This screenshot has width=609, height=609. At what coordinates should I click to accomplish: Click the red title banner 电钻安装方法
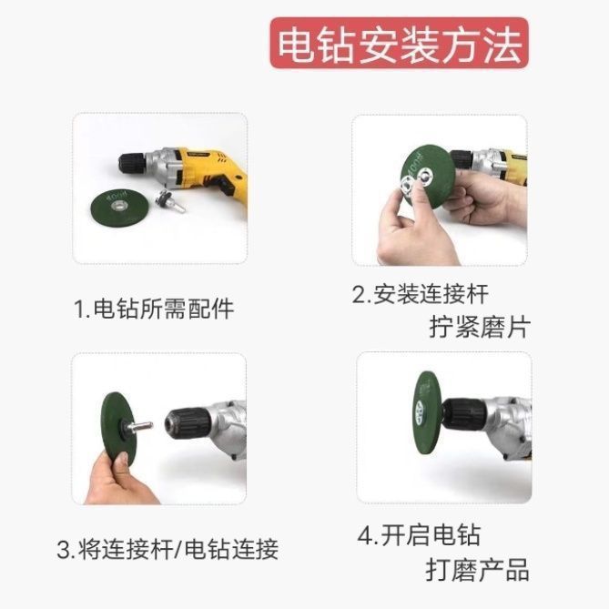click(398, 42)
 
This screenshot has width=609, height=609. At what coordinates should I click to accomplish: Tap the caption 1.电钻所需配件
click(154, 309)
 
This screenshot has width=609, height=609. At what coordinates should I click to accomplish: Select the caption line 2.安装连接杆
click(420, 294)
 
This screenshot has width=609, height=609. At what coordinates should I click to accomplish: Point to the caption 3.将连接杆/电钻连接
click(167, 550)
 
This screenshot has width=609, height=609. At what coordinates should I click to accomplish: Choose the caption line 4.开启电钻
click(418, 535)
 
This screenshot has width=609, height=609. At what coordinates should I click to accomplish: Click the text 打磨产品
click(477, 571)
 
